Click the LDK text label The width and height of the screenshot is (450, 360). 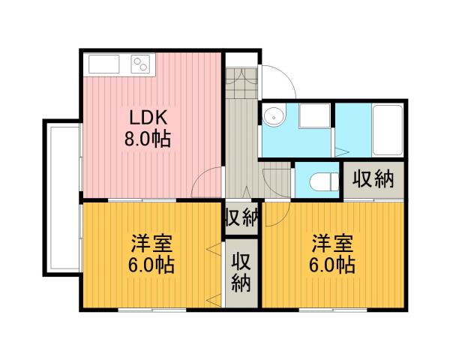pos(150,118)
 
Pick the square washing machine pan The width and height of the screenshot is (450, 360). pos(313,117)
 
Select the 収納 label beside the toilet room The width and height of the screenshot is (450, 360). pos(373,179)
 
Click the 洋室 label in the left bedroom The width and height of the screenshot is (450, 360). pos(153,244)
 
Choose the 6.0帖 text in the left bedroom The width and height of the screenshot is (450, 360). pos(152,265)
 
